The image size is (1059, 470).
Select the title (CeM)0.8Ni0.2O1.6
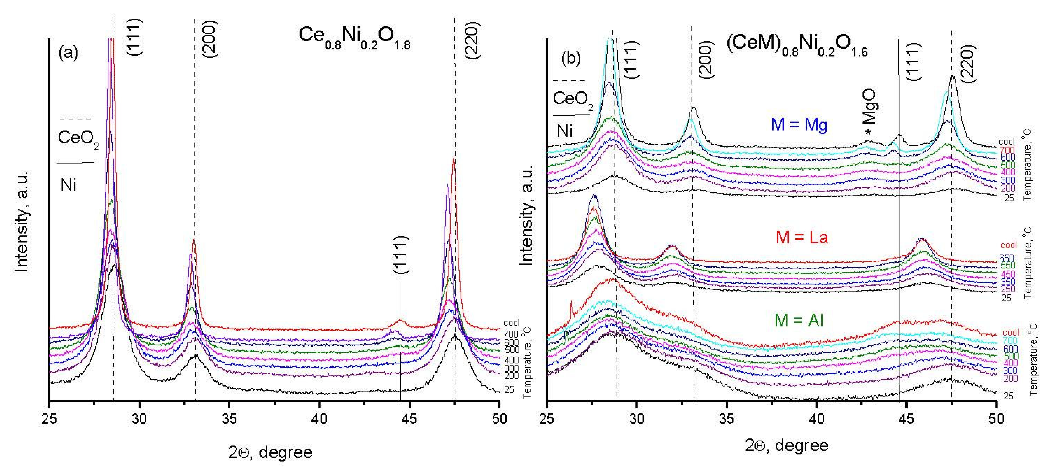[797, 46]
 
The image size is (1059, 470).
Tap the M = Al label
[799, 320]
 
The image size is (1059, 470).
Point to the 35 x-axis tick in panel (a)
[229, 419]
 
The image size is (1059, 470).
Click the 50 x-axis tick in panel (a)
[499, 419]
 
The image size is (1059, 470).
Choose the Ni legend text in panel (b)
[565, 131]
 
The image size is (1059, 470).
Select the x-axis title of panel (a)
[270, 452]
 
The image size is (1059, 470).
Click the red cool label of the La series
[1009, 245]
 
